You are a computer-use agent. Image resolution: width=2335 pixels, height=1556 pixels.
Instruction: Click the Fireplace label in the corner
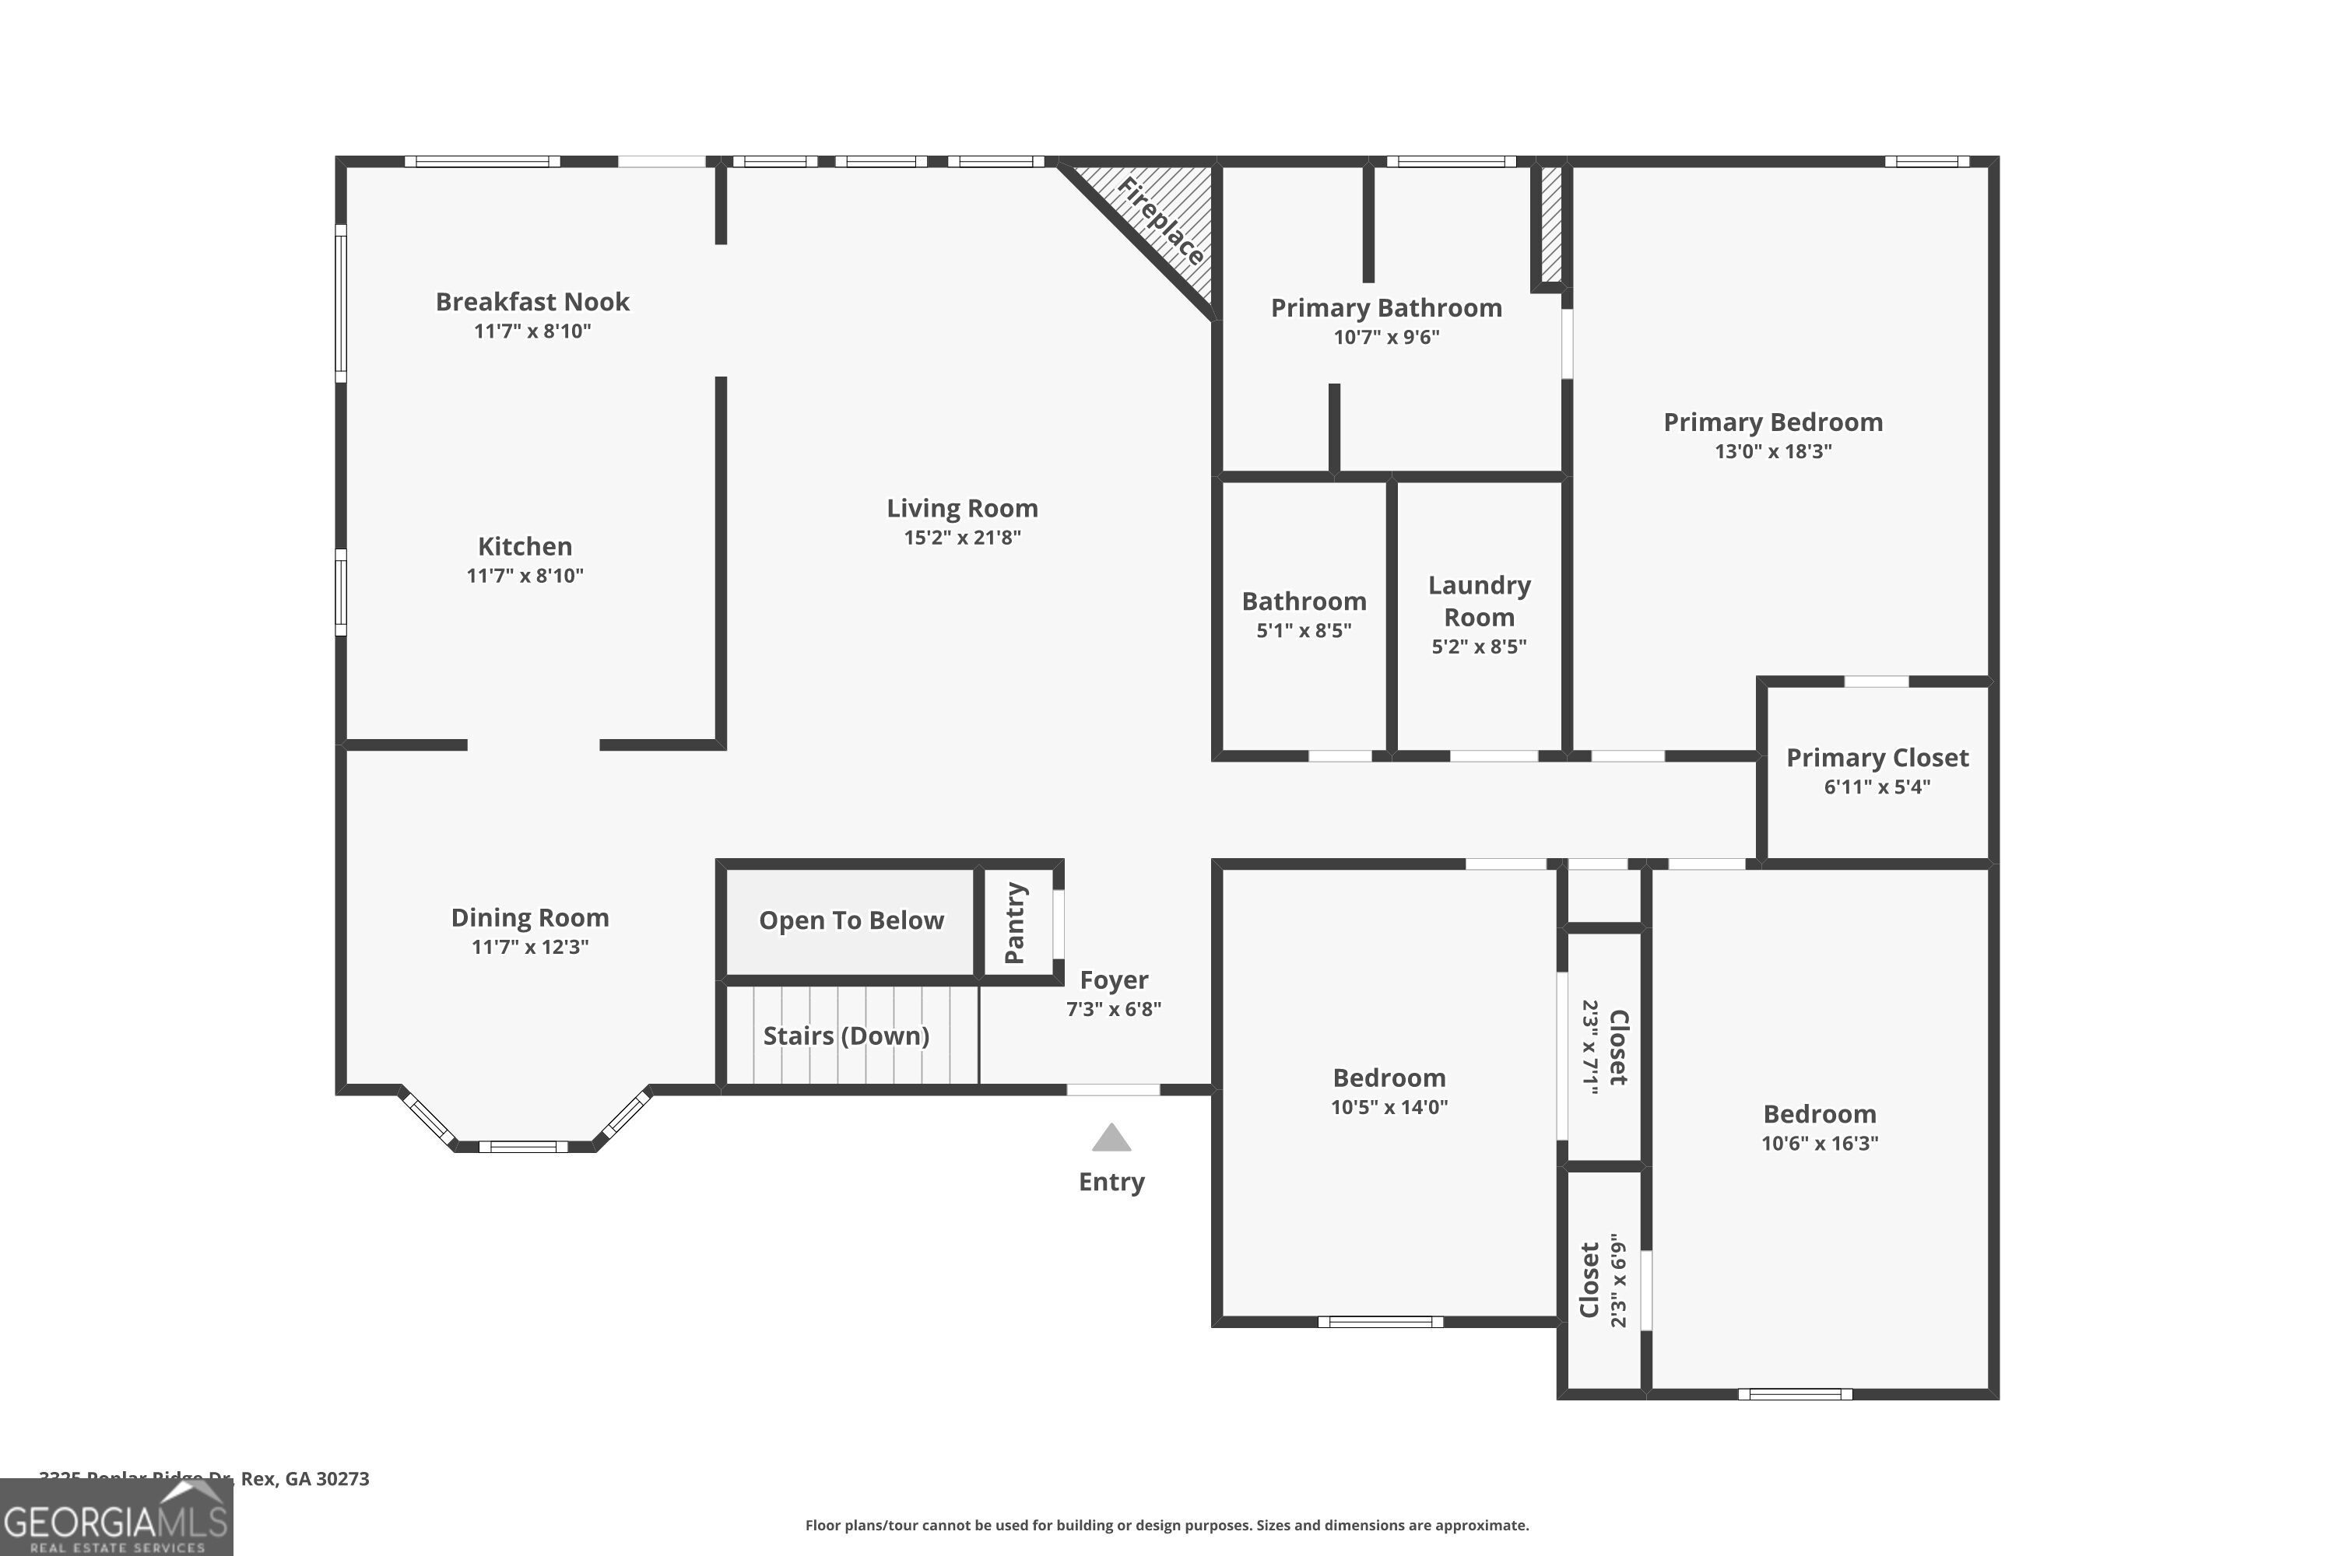coord(1160,221)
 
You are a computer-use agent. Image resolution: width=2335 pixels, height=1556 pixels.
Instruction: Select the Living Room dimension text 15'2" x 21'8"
coord(962,538)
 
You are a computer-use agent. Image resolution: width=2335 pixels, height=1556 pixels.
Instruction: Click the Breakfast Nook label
coord(532,302)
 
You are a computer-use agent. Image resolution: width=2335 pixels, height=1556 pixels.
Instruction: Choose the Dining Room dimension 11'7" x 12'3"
coord(530,947)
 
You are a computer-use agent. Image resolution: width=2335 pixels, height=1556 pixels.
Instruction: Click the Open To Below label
coord(851,921)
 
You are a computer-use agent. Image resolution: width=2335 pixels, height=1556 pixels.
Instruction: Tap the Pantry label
coord(1015,923)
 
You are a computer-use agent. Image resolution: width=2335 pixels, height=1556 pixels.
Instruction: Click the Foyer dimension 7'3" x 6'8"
coord(1113,1009)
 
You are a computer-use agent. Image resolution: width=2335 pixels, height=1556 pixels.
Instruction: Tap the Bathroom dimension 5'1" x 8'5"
coord(1304,631)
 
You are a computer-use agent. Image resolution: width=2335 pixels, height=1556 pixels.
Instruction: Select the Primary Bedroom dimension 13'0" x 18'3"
coord(1773,451)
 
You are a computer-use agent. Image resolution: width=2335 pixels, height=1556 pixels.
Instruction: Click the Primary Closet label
coord(1877,758)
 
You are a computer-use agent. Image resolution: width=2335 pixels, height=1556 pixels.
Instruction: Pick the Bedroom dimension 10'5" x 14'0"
coord(1389,1107)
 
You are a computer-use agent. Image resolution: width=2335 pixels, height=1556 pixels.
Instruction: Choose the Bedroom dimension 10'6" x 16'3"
coord(1819,1143)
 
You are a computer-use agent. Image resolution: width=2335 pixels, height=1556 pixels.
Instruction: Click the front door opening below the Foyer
coord(1113,1090)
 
